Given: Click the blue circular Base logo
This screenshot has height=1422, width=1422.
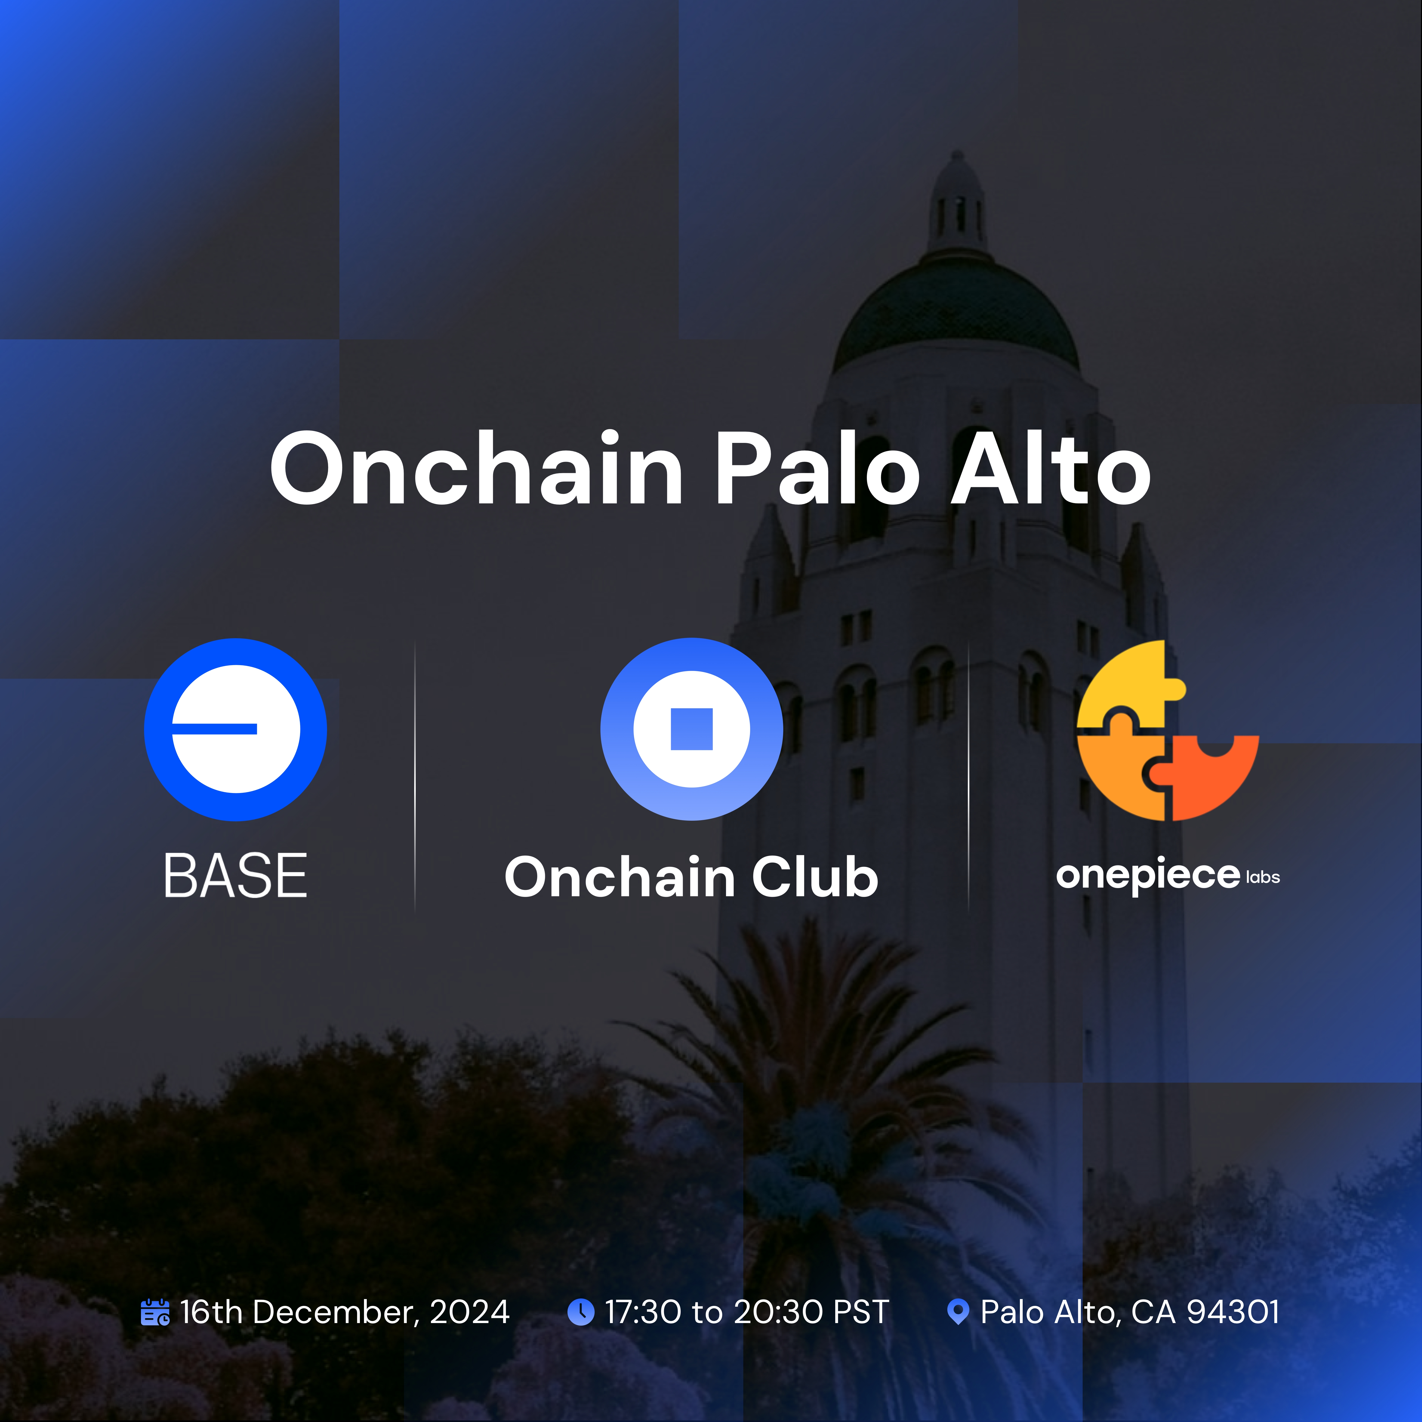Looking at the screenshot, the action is click(x=236, y=729).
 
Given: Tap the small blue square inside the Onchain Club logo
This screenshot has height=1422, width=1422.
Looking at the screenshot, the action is click(x=692, y=729).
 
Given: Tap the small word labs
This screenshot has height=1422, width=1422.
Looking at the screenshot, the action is click(x=1263, y=877).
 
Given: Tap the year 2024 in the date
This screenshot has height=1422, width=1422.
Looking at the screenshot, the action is click(x=470, y=1312).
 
